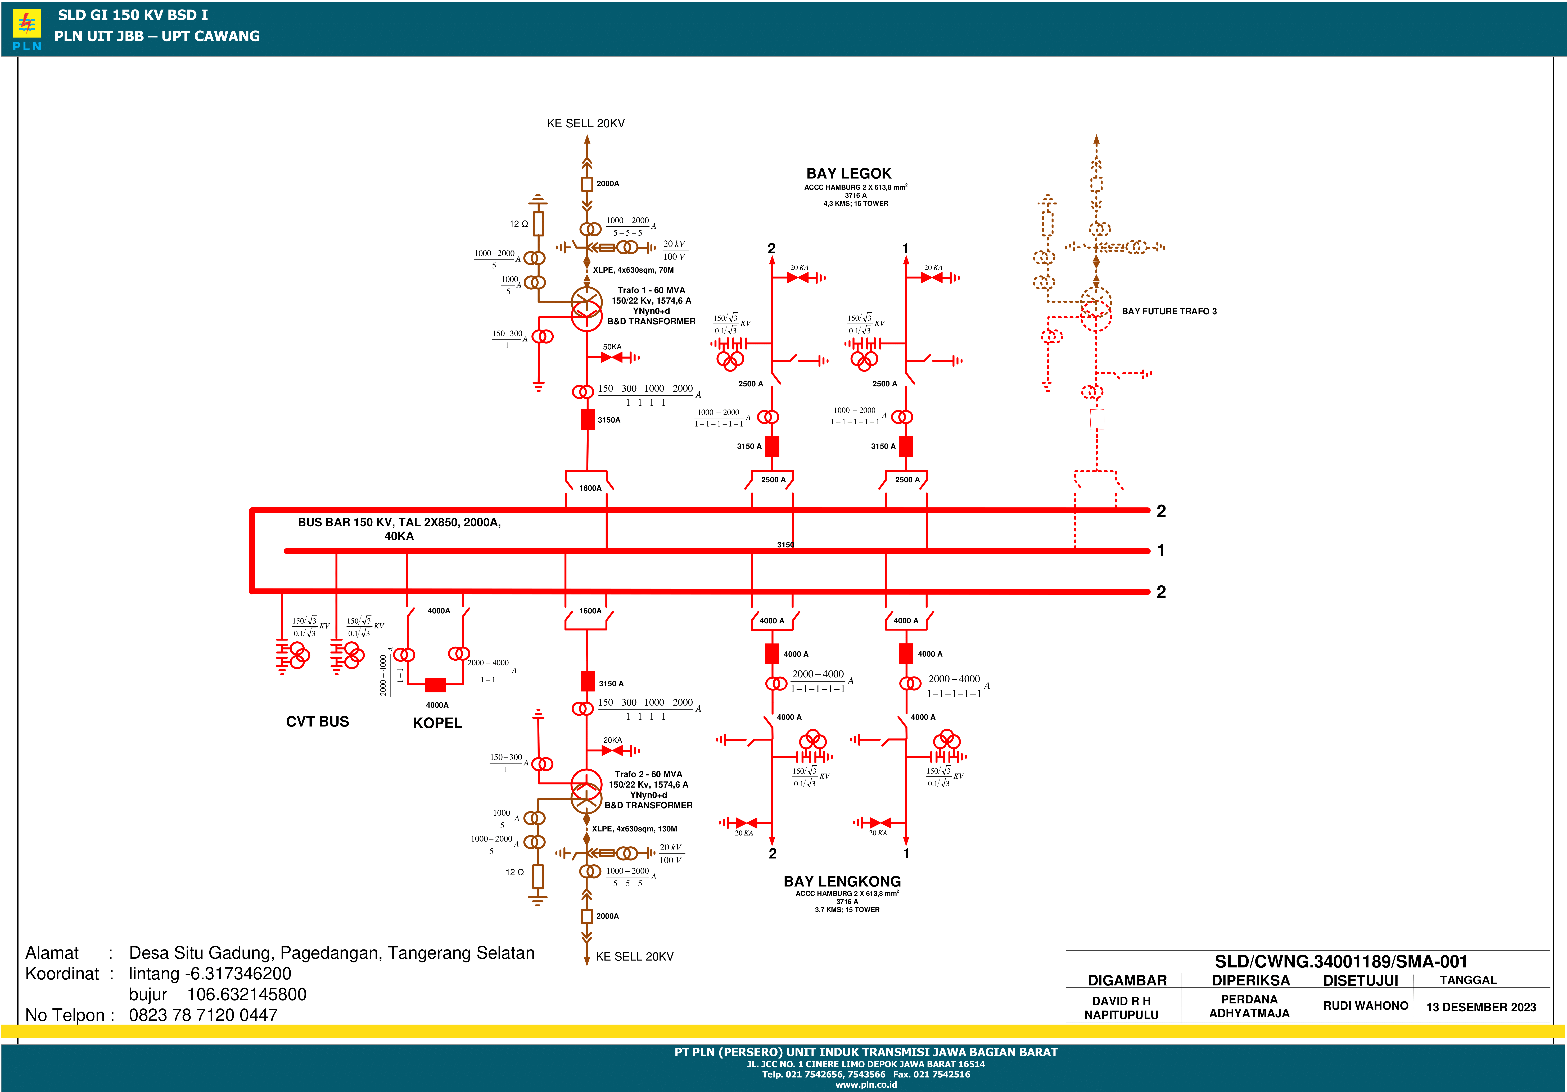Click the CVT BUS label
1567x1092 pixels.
317,722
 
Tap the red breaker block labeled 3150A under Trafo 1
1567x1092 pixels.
588,419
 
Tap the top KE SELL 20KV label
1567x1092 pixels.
586,124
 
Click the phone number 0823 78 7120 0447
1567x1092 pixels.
203,1015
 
